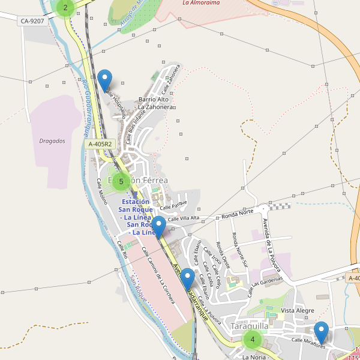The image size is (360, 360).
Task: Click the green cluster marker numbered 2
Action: pos(65,8)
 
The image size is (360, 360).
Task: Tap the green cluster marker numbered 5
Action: pos(121,181)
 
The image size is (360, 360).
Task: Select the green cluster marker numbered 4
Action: pos(253,340)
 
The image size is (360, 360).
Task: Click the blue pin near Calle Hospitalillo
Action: pos(105,80)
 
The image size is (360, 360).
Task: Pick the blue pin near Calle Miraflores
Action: pos(322,332)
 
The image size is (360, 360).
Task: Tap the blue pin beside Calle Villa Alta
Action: pos(158,227)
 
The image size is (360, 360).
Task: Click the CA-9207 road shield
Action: pos(32,21)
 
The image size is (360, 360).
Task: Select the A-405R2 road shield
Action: pos(100,144)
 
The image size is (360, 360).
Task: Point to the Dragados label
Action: pos(52,141)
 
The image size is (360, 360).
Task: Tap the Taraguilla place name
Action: pos(250,326)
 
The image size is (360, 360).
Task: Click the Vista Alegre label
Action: pos(298,310)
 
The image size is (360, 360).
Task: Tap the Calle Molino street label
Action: pos(101,189)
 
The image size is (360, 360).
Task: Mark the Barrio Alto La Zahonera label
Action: pos(155,103)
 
